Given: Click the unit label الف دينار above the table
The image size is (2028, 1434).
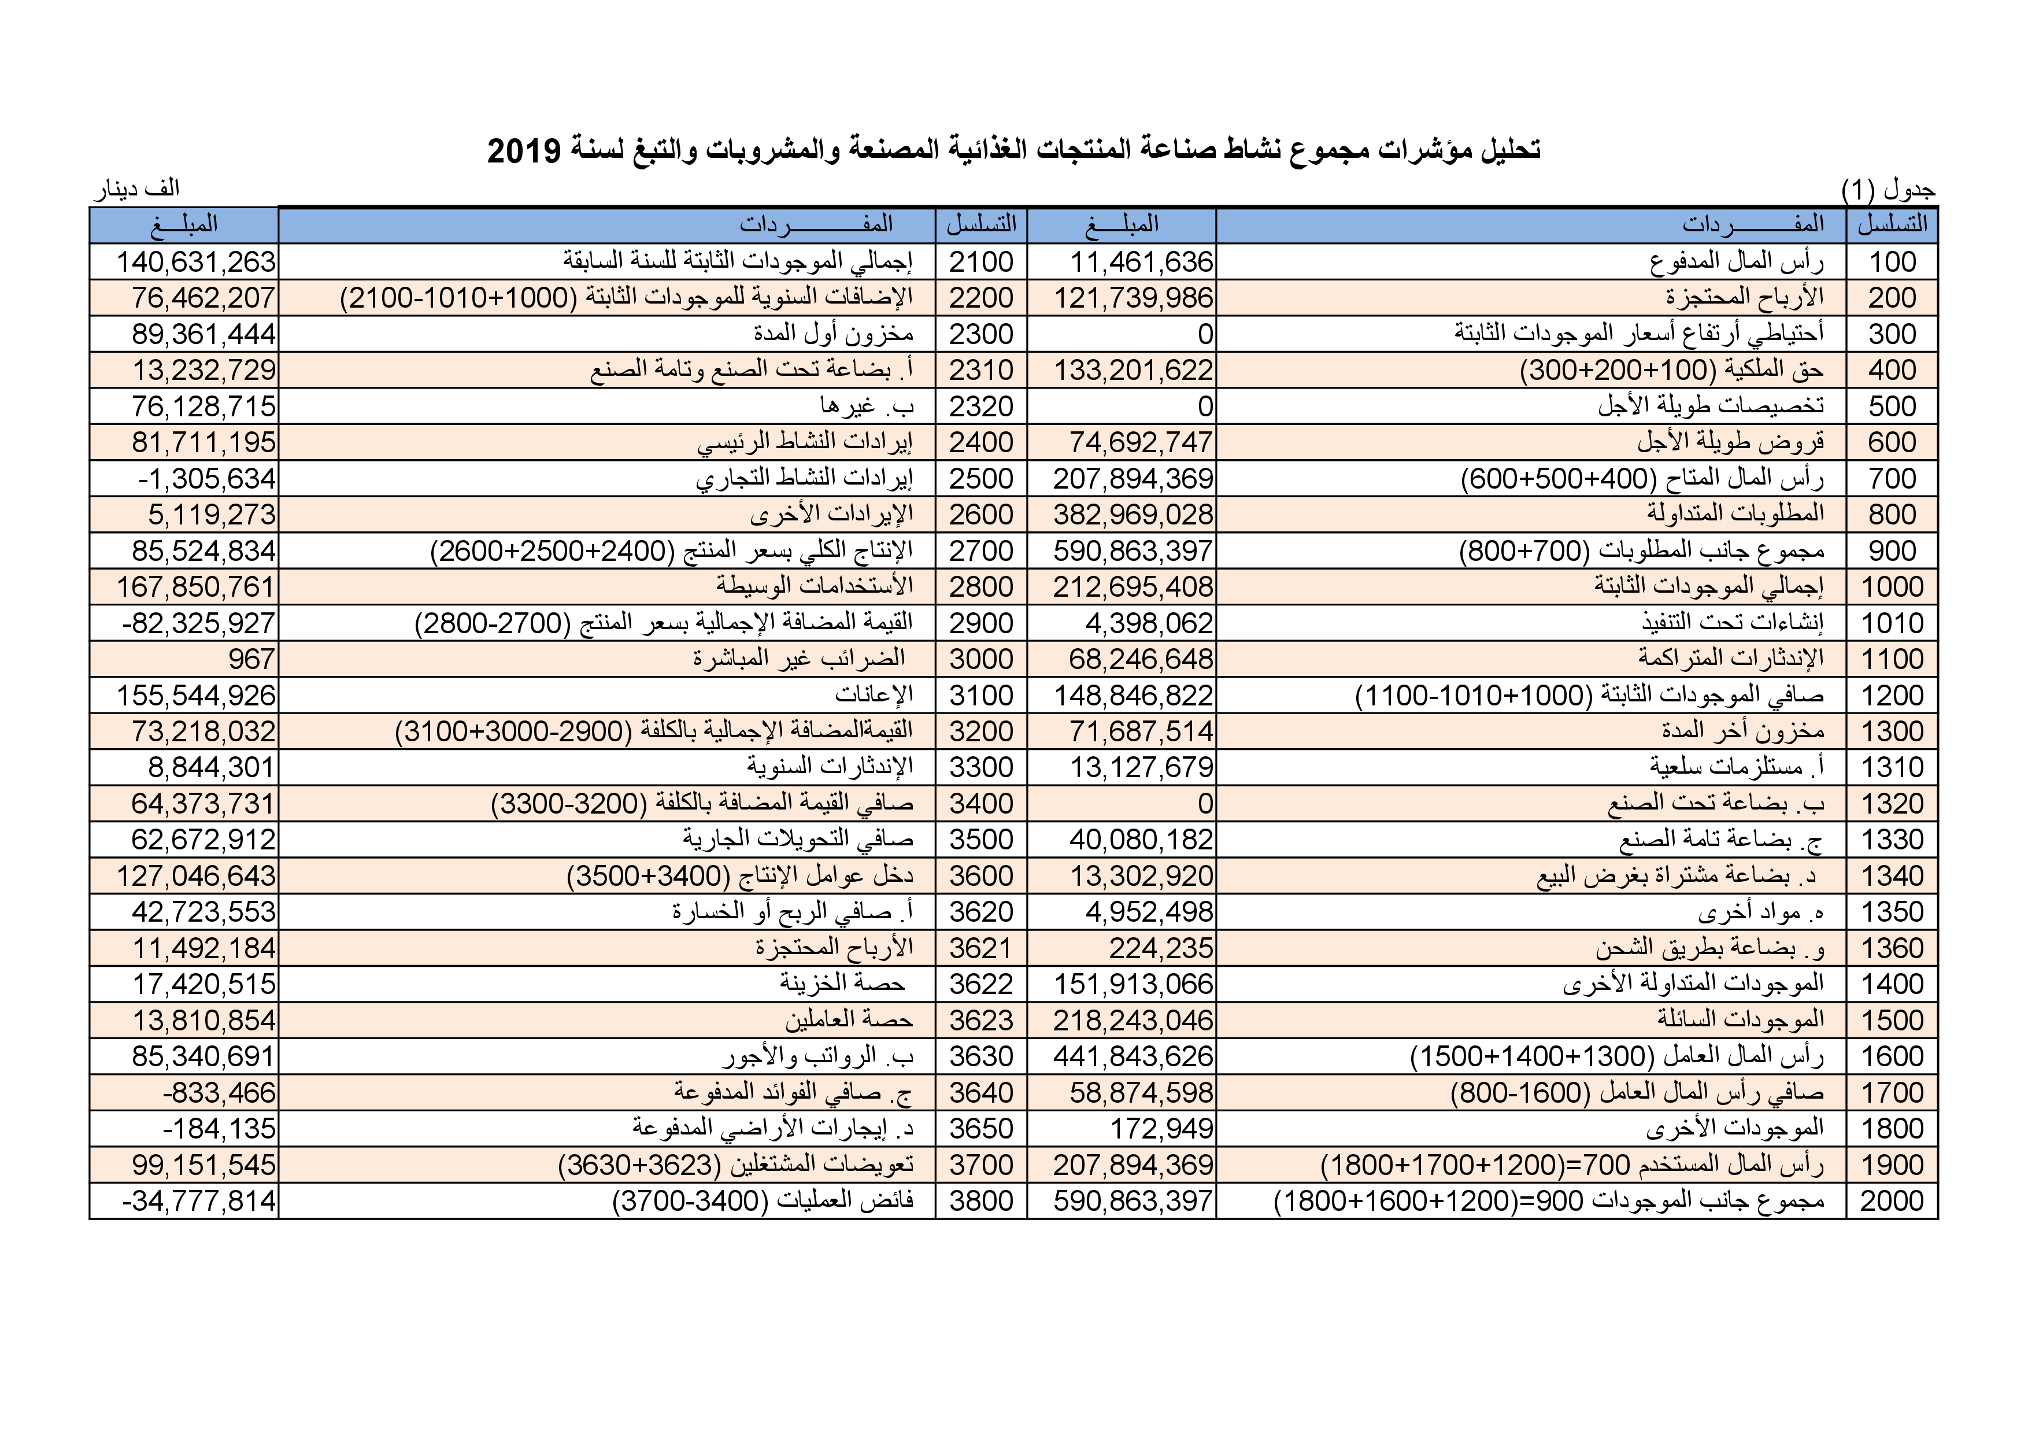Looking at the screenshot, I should (x=137, y=189).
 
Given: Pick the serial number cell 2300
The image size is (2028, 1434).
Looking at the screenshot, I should (x=980, y=334).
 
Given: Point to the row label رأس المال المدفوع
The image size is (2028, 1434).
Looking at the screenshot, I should (x=1737, y=261).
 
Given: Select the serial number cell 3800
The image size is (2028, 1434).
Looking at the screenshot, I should (x=980, y=1201).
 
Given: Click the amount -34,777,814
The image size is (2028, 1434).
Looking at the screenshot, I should (x=199, y=1202).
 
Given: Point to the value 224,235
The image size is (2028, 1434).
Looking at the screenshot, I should (x=1161, y=948).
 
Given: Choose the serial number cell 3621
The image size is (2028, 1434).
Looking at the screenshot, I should (x=980, y=948).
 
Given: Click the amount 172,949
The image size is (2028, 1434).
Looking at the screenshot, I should (x=1161, y=1128).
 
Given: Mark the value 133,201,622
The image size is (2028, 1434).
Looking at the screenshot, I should (x=1133, y=370).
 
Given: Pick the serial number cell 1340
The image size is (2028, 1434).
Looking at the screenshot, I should (x=1892, y=875).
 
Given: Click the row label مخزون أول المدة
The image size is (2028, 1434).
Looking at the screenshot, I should (x=833, y=334).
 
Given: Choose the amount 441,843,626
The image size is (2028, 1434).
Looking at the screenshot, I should (x=1133, y=1057).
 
